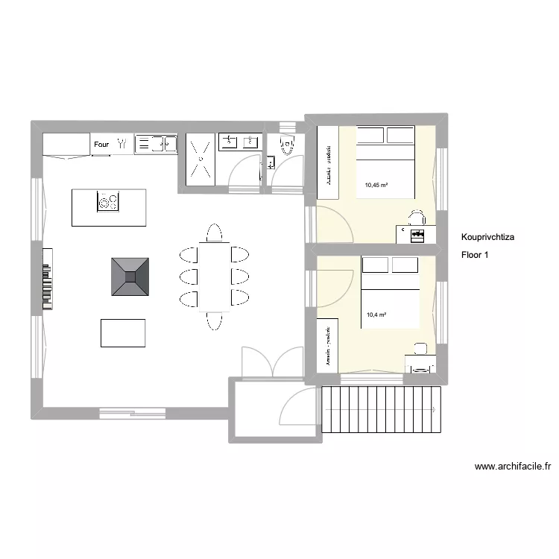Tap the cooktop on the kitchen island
(x=108, y=201)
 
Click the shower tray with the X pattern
(x=199, y=160)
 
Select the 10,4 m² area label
(x=376, y=315)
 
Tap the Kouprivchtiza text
(x=493, y=238)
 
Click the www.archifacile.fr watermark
(x=512, y=467)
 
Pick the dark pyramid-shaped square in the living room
(x=130, y=277)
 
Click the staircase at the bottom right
(x=380, y=409)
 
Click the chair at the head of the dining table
(x=214, y=233)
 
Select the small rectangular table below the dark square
(x=123, y=332)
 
